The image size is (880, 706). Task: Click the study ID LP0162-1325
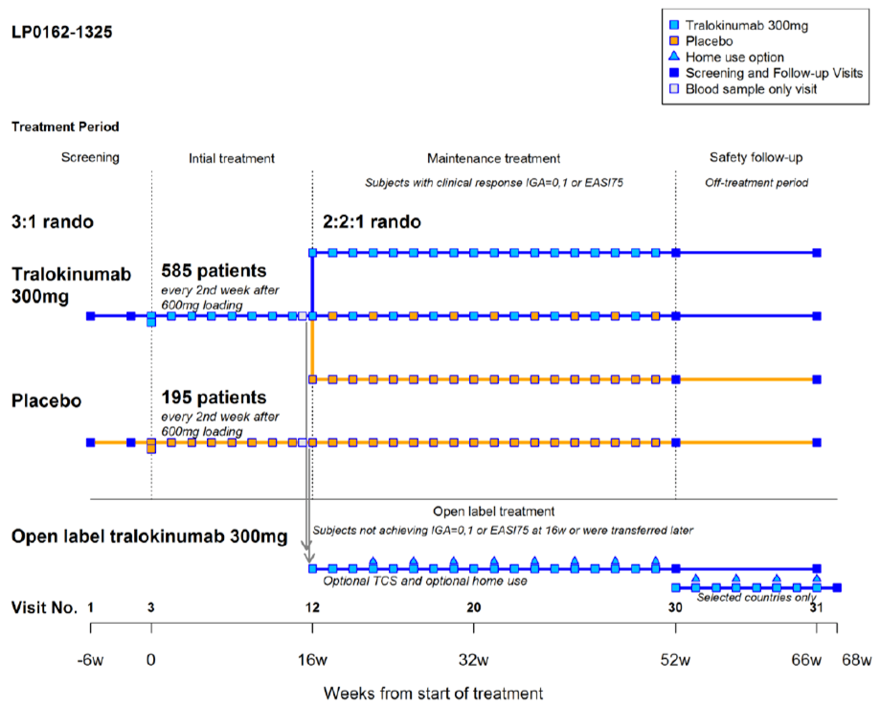tap(62, 32)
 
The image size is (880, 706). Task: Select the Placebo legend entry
tap(709, 41)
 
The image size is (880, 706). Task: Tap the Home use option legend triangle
tap(674, 56)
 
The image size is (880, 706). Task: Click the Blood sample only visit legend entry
tap(751, 89)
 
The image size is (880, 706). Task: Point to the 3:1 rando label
tap(52, 222)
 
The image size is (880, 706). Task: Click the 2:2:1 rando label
tap(372, 222)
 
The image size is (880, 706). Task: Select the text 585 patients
tap(213, 270)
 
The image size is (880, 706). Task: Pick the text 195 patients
tap(213, 397)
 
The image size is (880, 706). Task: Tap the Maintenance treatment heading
tap(493, 158)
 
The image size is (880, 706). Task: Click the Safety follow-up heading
tap(756, 158)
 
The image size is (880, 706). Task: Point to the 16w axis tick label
tap(312, 659)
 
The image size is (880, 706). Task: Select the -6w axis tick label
tap(90, 659)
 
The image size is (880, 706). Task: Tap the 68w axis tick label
tap(856, 659)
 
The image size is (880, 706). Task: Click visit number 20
tap(473, 608)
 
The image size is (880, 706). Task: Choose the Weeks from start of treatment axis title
tap(433, 693)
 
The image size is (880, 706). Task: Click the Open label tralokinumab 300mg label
tap(150, 536)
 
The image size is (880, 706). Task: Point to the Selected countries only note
tap(756, 597)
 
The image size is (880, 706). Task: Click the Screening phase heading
tap(90, 158)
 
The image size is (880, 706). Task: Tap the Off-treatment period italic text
tap(756, 183)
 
